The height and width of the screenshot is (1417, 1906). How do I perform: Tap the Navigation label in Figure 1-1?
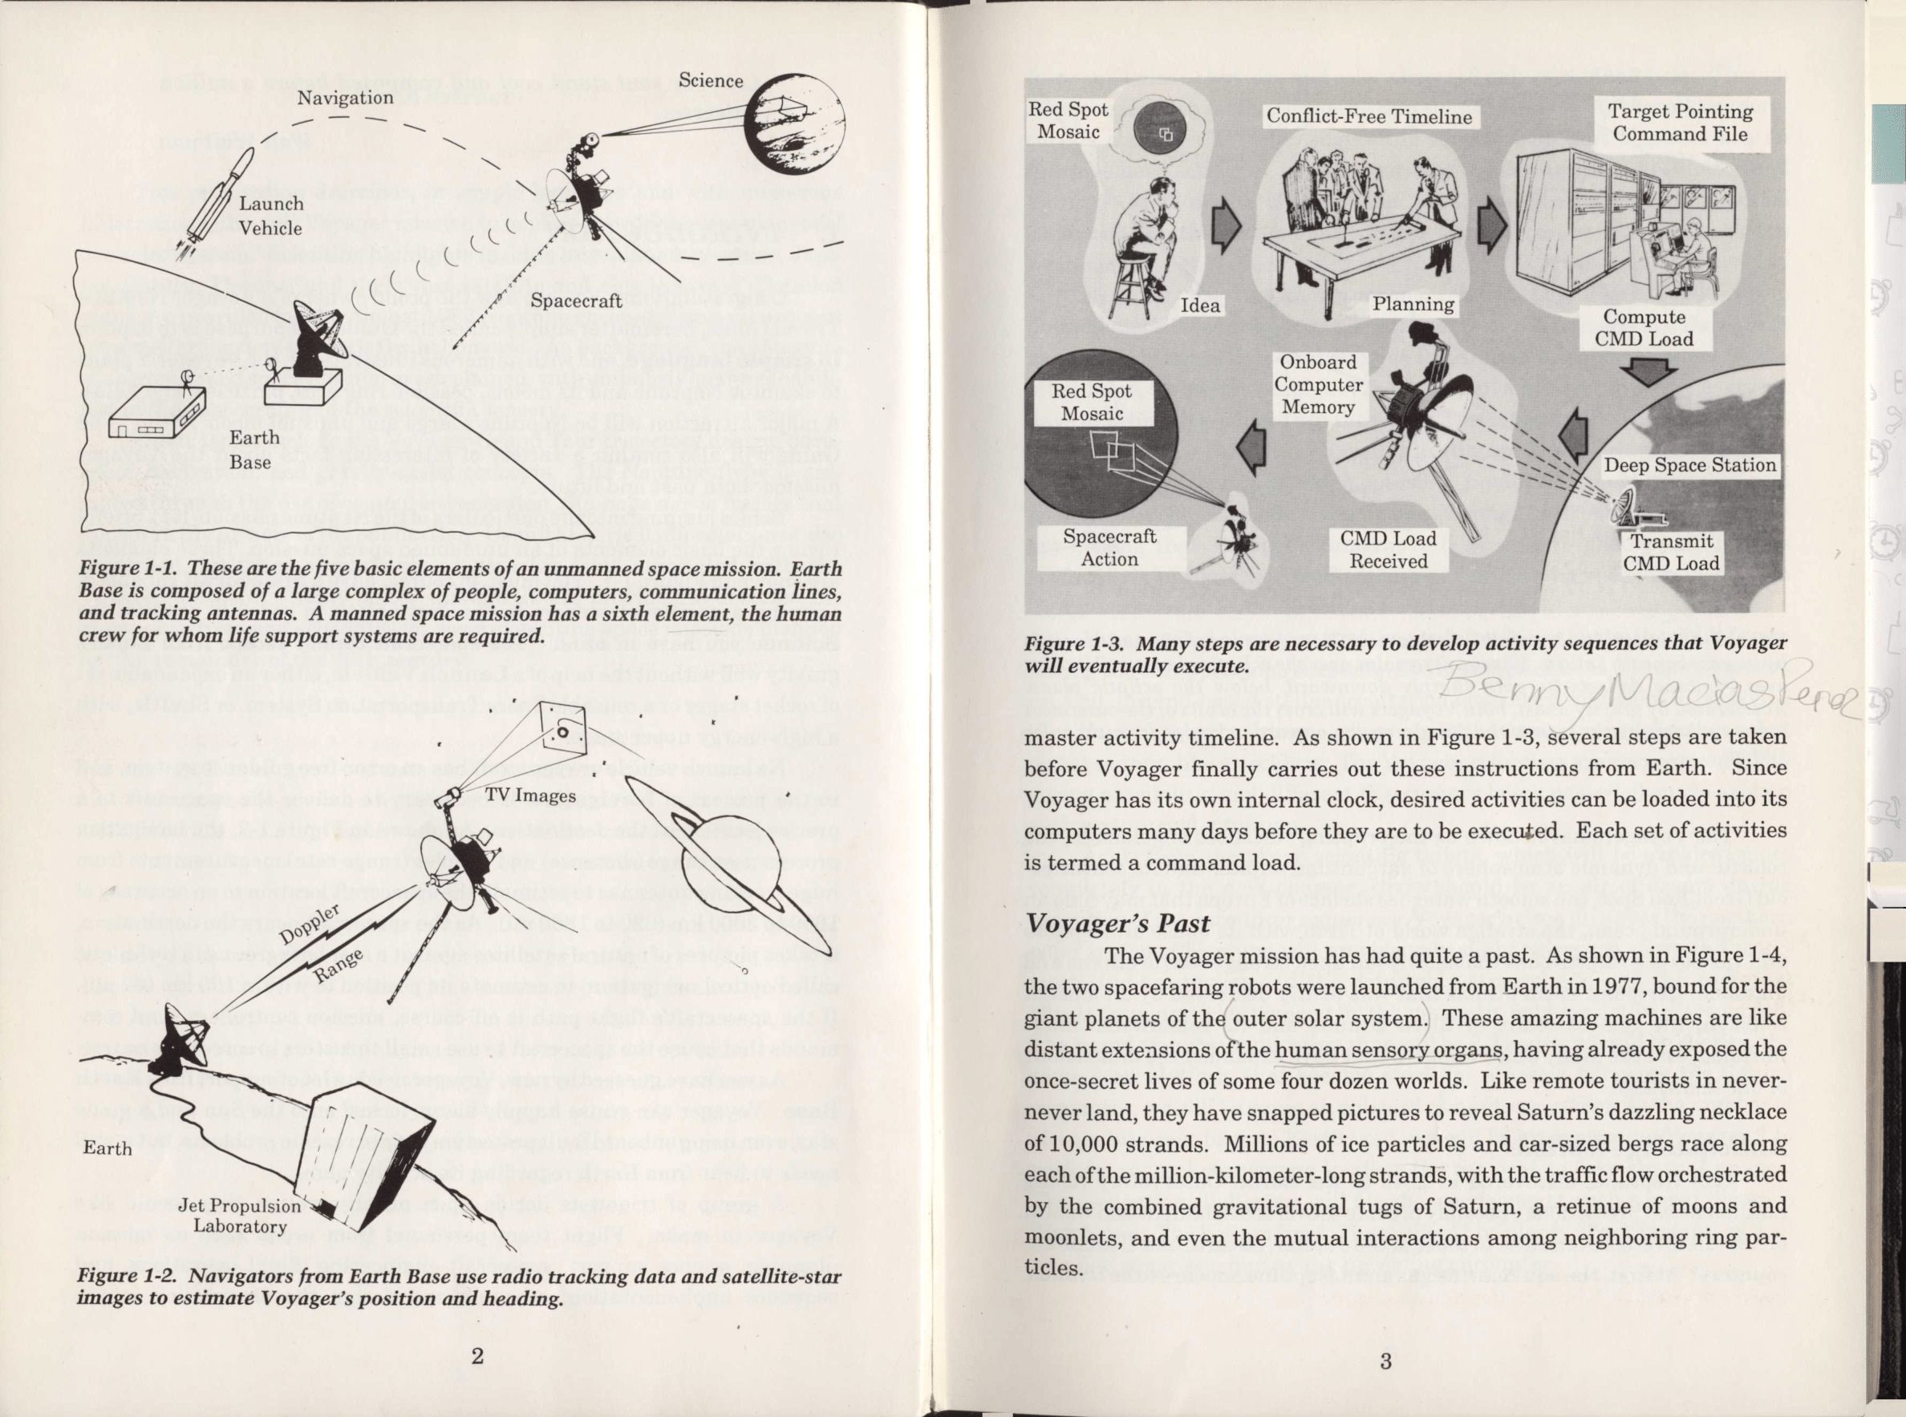click(345, 98)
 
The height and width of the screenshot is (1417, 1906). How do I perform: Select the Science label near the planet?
click(710, 81)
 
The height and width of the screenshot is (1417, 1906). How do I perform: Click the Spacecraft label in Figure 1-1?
click(576, 300)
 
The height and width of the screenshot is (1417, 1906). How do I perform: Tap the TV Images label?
click(530, 796)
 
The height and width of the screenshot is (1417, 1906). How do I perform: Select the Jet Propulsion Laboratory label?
click(240, 1216)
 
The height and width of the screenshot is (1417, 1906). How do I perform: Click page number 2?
click(477, 1356)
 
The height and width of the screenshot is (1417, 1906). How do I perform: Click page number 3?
click(1385, 1360)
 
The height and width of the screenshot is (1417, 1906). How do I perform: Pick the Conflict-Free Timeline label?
click(1369, 116)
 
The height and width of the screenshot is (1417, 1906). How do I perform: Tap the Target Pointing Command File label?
click(1680, 123)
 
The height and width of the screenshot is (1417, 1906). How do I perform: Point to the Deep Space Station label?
click(1690, 466)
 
